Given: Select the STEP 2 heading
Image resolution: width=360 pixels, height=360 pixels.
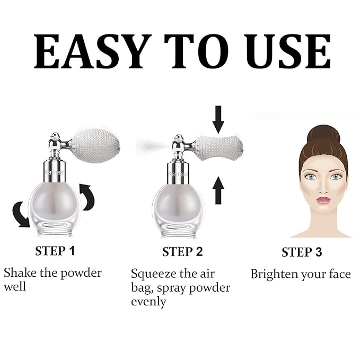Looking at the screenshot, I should point(182,251).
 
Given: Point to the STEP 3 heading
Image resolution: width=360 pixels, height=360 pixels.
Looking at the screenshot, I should point(302,252).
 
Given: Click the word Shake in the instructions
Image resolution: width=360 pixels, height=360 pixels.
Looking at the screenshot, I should point(19,273).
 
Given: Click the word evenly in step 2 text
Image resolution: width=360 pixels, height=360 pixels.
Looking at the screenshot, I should point(149,302).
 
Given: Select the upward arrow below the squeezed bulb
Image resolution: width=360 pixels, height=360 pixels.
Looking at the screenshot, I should point(218,190).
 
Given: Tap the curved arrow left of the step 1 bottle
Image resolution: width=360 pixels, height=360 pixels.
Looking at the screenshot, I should point(21,214).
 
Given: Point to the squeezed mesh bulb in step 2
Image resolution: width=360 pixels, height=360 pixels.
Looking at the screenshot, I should point(218,148).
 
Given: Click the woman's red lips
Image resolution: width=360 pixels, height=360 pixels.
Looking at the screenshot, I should point(323,200).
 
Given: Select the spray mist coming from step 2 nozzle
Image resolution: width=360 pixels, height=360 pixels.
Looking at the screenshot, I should point(154,144).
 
